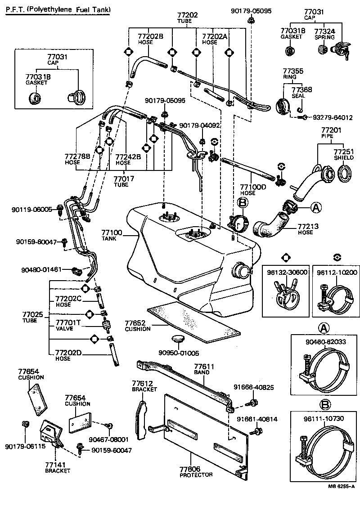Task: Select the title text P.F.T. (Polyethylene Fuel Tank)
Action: point(58,9)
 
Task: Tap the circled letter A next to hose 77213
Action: point(316,207)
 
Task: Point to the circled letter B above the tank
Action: point(243,204)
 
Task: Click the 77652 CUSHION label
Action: point(137,326)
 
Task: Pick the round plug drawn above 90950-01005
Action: point(178,339)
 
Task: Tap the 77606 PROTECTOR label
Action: point(196,472)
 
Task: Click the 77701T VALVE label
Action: point(67,325)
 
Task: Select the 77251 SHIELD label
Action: point(343,155)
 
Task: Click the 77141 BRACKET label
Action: point(58,468)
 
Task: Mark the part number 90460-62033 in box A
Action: point(325,341)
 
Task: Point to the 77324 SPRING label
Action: point(324,34)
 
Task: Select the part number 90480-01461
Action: point(41,270)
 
